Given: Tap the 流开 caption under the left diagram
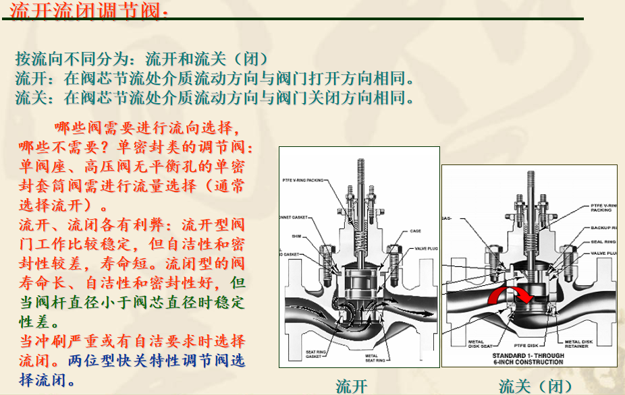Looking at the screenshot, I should [352, 386].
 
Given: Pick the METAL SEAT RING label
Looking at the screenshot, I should [375, 358].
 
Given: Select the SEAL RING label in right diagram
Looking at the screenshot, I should [603, 241].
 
